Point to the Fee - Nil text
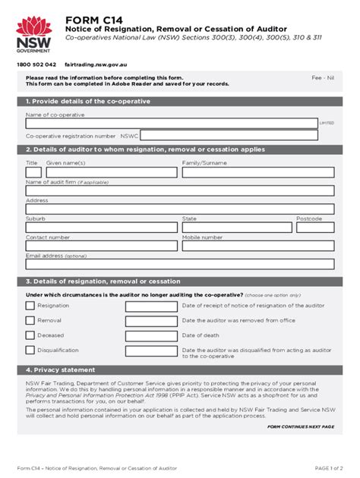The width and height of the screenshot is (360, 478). pos(324,77)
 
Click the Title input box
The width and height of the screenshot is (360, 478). pos(33,172)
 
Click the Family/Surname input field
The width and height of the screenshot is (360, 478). pos(257,172)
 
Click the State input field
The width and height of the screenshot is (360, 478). pos(237,228)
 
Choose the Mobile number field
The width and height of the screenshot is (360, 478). pos(257,246)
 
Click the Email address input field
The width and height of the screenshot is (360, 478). pos(179,265)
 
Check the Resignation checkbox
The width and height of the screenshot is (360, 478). pos(30,306)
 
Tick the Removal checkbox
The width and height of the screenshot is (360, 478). pos(30,320)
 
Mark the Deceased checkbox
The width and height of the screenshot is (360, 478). pos(30,335)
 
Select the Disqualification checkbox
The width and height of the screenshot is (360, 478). pos(30,351)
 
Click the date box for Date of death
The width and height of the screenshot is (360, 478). pos(151,335)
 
